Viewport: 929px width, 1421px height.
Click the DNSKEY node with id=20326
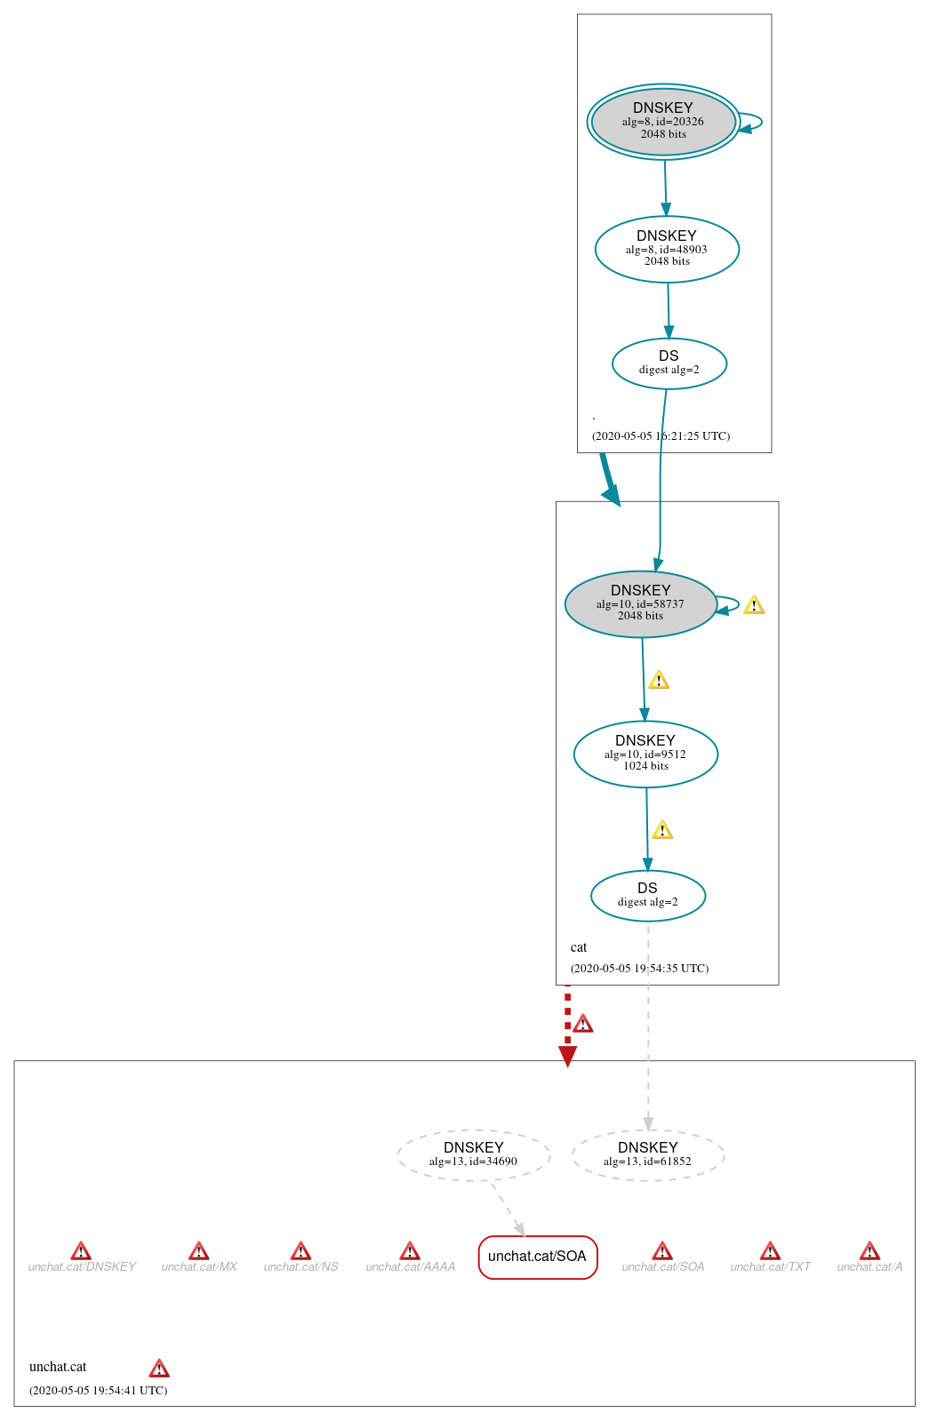coord(663,122)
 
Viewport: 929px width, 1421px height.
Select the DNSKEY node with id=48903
coord(667,249)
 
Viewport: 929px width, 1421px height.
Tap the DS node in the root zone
coord(669,363)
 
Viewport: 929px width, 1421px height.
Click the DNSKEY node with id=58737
coord(640,603)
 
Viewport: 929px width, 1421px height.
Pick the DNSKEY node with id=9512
coord(645,754)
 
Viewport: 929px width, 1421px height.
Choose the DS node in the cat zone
coord(647,895)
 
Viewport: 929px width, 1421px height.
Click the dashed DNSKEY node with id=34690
coord(473,1154)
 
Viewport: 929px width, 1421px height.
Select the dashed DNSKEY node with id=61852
coord(647,1154)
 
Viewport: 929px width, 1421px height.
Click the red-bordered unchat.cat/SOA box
coord(537,1257)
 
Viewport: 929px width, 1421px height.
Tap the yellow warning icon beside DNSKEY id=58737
coord(754,605)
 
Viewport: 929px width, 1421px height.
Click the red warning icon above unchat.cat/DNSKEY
coord(81,1251)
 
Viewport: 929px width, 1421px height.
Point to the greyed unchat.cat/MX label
coord(199,1266)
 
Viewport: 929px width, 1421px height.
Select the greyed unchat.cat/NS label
coord(300,1266)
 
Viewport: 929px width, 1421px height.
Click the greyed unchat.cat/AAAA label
coord(410,1266)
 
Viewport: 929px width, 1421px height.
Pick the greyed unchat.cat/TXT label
coord(770,1266)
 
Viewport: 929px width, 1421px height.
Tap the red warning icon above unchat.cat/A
coord(869,1251)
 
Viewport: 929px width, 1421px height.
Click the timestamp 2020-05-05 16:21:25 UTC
coord(661,436)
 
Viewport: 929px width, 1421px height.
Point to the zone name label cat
coord(579,947)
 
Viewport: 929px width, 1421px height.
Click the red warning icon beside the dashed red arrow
coord(582,1024)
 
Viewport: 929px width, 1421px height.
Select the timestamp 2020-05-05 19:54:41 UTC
coord(98,1390)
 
